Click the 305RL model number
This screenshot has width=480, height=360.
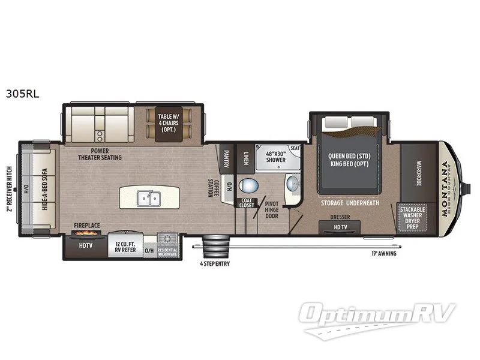point(22,94)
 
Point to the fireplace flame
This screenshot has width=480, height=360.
point(88,234)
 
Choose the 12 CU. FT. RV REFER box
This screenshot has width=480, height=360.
point(126,245)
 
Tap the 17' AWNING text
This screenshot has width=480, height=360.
point(383,253)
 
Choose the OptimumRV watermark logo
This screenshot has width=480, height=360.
point(379,316)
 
